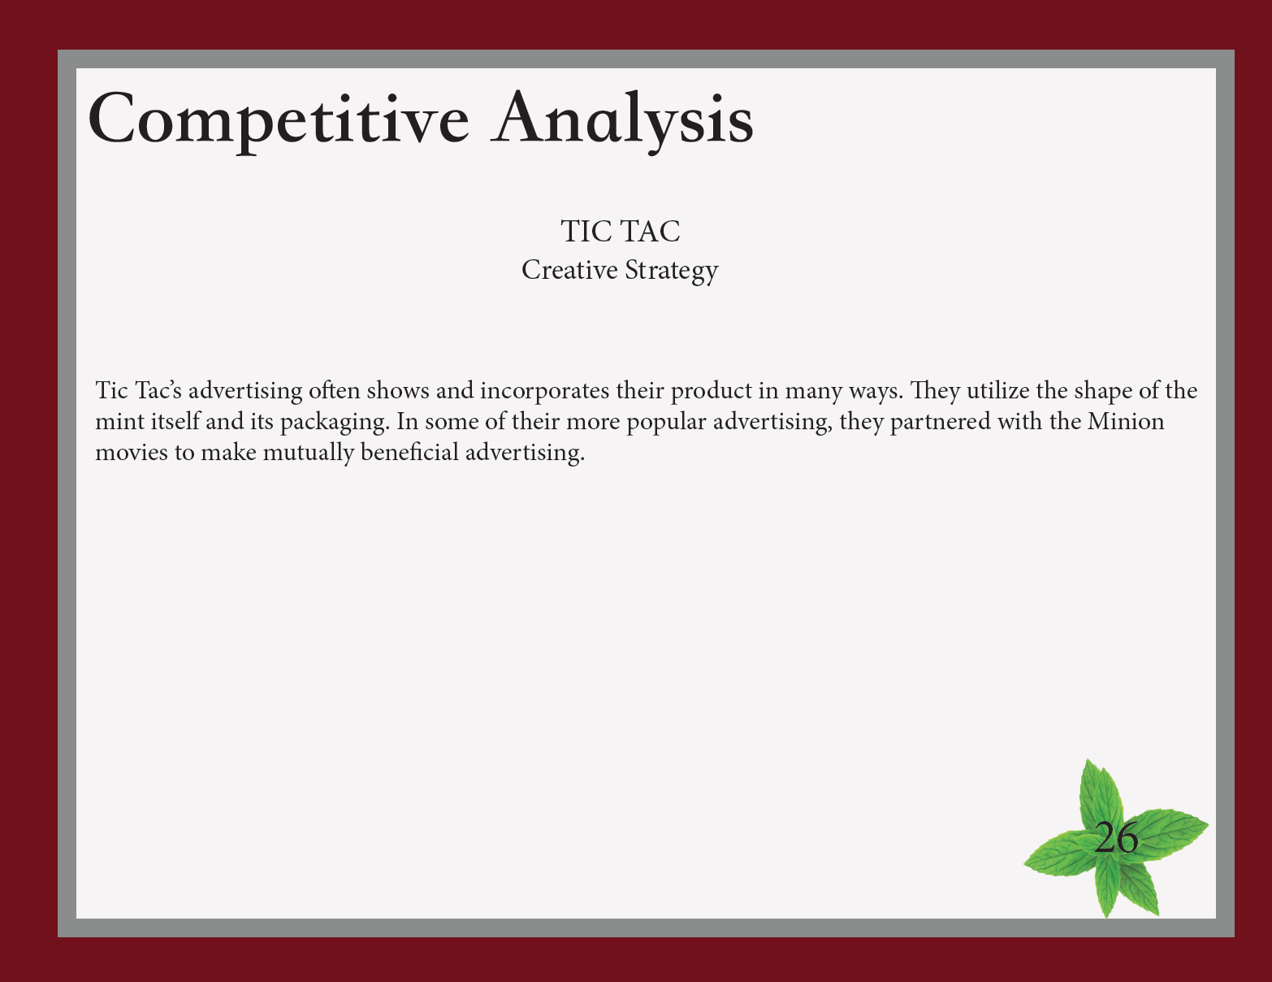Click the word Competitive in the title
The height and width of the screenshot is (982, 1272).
click(279, 120)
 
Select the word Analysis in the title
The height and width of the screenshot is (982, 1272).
click(621, 120)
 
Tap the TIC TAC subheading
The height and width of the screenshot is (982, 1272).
click(621, 232)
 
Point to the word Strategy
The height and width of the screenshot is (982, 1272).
click(672, 272)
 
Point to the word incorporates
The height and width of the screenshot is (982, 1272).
click(544, 391)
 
